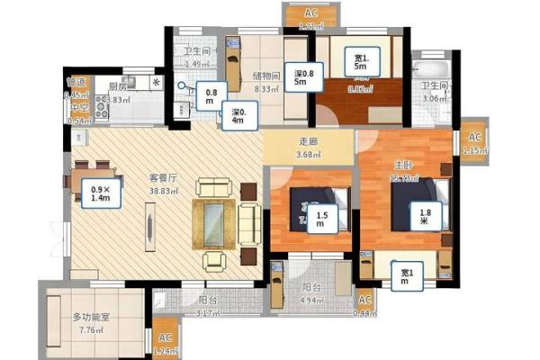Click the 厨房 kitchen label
click(118, 87)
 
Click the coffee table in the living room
click(213, 217)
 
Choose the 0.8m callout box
click(211, 95)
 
